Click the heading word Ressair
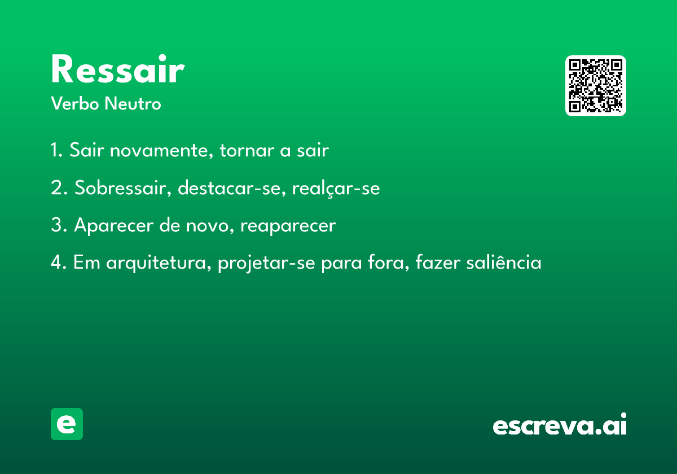pos(117,69)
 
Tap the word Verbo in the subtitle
pos(75,103)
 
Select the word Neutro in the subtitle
pos(133,103)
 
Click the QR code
pos(595,86)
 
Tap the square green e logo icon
pos(67,424)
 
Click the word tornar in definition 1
pos(247,151)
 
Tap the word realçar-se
pos(336,188)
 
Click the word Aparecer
pos(114,226)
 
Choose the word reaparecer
pos(288,226)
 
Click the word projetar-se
pos(266,263)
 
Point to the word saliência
pos(504,262)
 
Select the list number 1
pos(56,150)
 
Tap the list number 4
pos(58,262)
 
